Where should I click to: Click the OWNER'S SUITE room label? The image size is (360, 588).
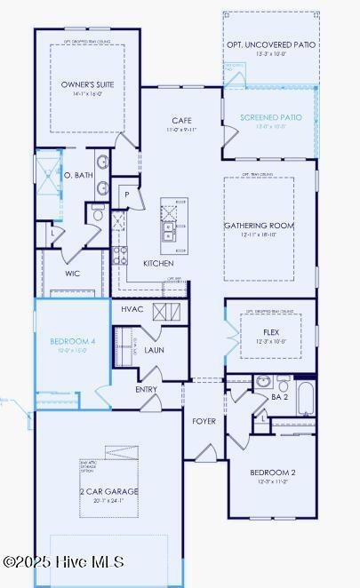tap(87, 84)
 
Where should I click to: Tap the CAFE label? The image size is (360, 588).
tap(182, 121)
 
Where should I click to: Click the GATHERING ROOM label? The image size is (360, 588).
tap(259, 226)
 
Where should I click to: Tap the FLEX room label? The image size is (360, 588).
tap(270, 332)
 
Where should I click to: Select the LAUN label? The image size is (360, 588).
tap(155, 350)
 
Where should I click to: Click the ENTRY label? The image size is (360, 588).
tap(147, 389)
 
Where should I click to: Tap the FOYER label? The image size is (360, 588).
tap(204, 420)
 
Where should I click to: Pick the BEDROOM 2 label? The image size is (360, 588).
tap(272, 473)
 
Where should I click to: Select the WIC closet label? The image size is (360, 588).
tap(73, 274)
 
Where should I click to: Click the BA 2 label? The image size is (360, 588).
tap(279, 397)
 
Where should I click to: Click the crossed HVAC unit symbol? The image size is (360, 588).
tap(165, 311)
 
